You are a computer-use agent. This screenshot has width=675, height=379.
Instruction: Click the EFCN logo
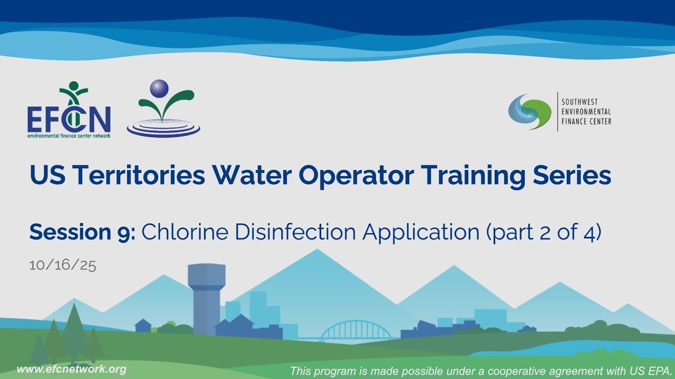[x=69, y=111]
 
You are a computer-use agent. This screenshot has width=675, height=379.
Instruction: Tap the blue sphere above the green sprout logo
[x=159, y=88]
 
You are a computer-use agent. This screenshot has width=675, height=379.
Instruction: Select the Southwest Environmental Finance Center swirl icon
[x=529, y=112]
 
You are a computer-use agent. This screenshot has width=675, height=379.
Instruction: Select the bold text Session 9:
[x=82, y=232]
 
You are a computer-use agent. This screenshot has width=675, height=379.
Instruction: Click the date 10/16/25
[x=63, y=265]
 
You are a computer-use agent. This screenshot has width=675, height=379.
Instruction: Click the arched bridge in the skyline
[x=355, y=331]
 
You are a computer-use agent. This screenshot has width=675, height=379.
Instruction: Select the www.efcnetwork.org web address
[x=72, y=369]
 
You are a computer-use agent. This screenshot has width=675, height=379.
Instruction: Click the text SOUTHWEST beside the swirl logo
[x=579, y=102]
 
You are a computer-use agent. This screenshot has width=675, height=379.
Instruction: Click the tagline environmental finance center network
[x=69, y=135]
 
